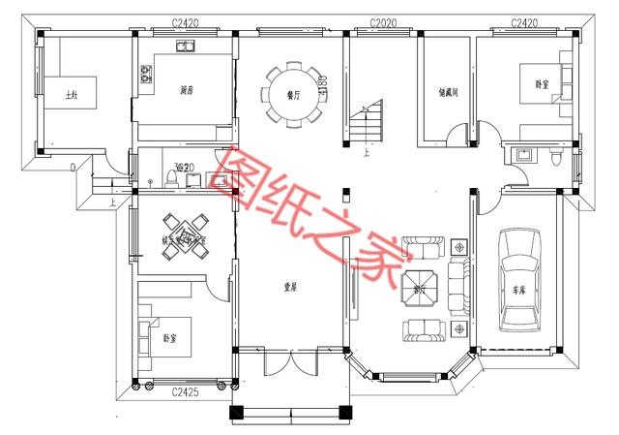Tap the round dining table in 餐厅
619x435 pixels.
291,95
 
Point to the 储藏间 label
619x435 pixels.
448,94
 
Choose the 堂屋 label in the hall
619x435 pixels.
288,286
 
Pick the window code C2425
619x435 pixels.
186,392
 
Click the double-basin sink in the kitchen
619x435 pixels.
186,47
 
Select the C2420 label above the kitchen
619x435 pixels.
186,21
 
